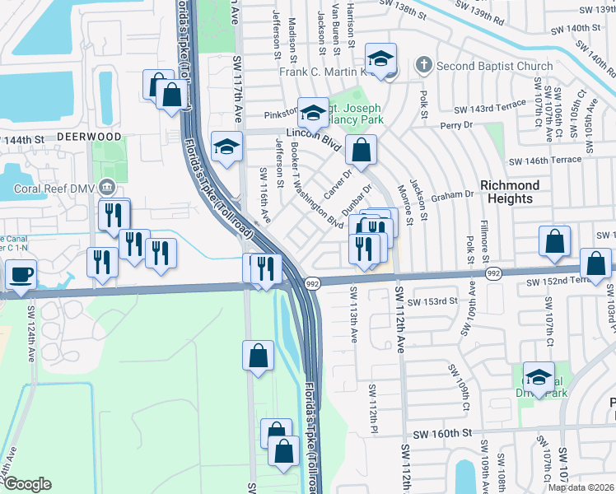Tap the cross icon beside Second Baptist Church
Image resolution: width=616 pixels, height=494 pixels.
[423, 64]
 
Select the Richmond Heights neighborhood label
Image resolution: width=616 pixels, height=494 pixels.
[510, 192]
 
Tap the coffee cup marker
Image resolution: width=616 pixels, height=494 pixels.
[21, 274]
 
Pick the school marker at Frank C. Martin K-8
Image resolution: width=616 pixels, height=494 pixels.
[380, 60]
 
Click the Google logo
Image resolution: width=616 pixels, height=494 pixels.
[28, 483]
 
